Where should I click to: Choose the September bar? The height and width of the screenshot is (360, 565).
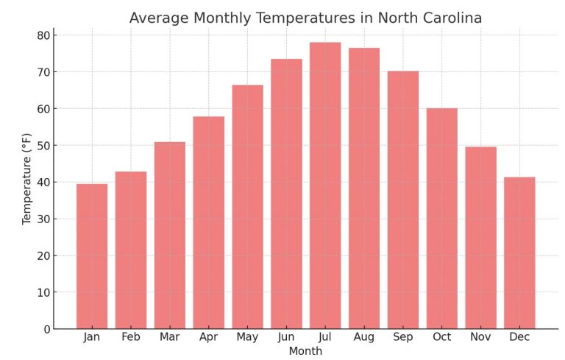pos(403,200)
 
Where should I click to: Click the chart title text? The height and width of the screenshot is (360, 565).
pos(305,18)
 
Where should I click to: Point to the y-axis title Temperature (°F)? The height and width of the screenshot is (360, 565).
pos(27,179)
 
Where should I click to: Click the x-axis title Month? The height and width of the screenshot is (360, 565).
pos(305,351)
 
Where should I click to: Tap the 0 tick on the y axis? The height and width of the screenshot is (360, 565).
pos(46,329)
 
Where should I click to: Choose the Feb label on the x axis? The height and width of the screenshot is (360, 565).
pos(131,337)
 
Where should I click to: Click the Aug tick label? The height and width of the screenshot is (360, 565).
pos(364,337)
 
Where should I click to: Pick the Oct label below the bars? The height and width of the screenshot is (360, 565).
pos(441,337)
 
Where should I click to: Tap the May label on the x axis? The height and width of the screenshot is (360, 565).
pos(247,337)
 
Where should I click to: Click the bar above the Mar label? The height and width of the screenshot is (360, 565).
pos(170,236)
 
